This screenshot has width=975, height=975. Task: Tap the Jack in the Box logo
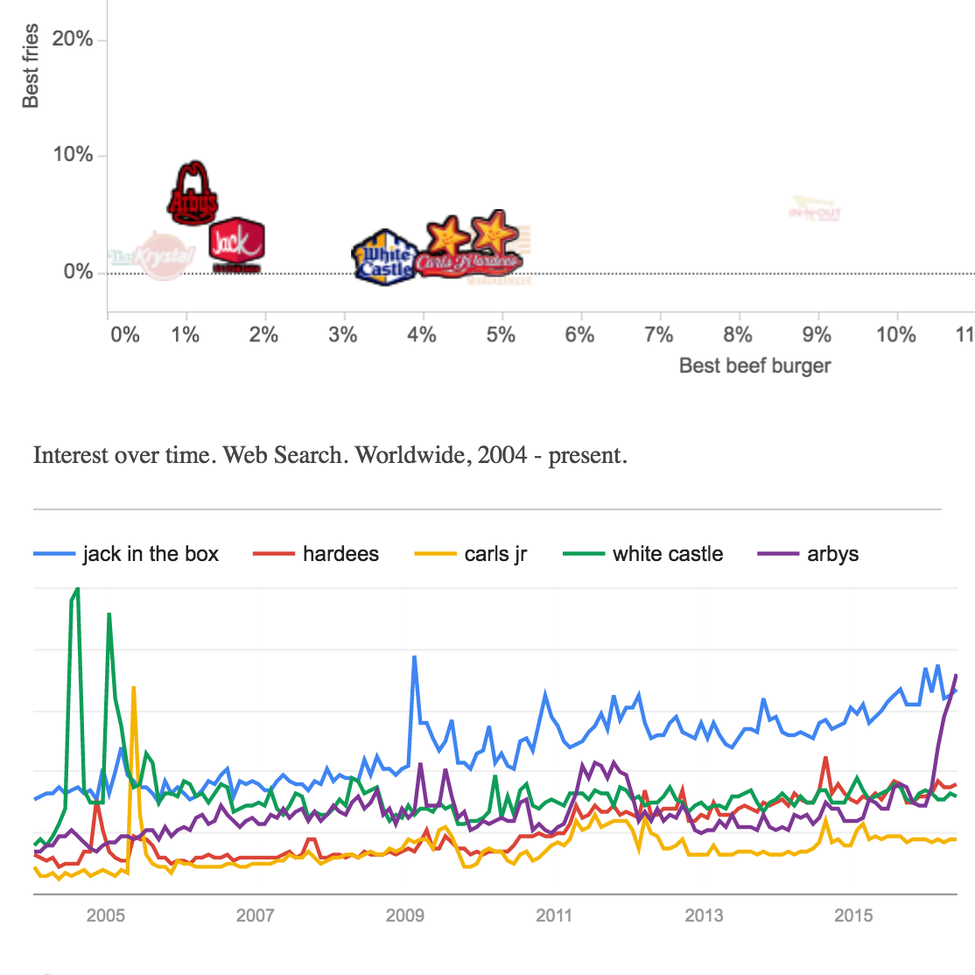235,244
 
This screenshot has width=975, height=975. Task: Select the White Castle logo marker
383,256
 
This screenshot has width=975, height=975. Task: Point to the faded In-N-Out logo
815,210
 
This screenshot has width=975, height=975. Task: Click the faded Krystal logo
158,256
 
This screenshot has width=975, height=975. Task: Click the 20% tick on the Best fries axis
73,39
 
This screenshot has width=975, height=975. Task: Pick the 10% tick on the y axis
73,155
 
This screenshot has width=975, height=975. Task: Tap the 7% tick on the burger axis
658,335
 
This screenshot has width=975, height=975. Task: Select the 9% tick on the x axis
817,335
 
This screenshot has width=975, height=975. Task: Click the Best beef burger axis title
754,366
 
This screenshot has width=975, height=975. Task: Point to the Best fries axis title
31,67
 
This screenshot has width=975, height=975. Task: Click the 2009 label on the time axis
404,915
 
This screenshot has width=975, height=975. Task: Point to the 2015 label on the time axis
853,915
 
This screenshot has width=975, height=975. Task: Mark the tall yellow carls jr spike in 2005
133,690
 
